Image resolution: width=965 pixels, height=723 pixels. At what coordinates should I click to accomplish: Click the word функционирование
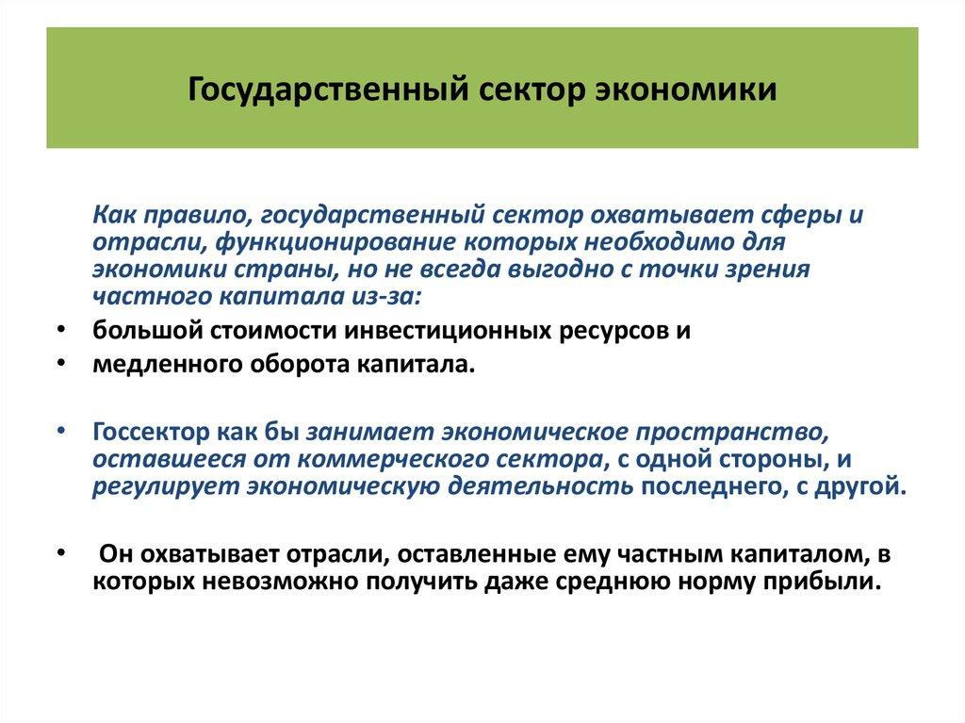[x=343, y=242]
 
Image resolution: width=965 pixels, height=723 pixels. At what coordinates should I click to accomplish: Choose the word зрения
[x=763, y=270]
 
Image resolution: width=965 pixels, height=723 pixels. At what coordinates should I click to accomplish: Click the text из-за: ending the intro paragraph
[x=395, y=297]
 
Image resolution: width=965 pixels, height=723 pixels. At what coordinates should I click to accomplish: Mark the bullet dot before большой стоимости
[x=60, y=332]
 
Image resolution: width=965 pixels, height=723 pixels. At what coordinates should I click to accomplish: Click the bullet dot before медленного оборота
[x=60, y=364]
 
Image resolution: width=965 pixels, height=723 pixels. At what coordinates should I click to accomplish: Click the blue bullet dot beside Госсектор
[x=60, y=431]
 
